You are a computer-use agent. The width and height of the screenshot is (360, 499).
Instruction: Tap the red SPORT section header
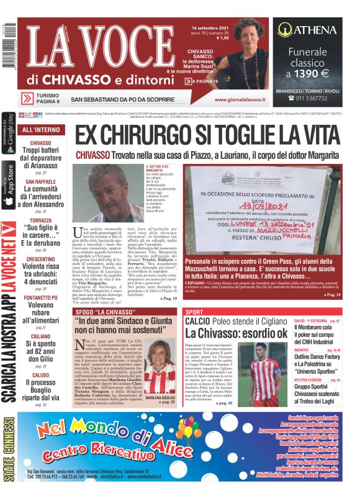point(195,312)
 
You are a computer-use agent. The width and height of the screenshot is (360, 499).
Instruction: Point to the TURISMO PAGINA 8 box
point(40,98)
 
